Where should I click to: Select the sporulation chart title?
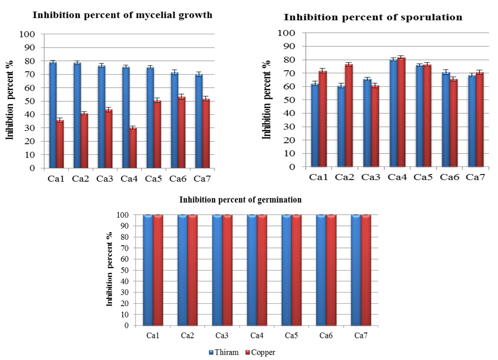coord(373,18)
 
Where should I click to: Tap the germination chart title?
coord(240,200)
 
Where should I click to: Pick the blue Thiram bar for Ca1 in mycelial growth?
coord(53,115)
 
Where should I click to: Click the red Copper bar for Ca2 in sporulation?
coord(349,115)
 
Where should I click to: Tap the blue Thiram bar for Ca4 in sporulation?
coord(393,113)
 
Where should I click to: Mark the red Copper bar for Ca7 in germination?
coord(366,270)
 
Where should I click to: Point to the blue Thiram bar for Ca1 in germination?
coord(148,270)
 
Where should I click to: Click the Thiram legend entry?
coord(223,352)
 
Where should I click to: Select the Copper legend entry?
coord(259,352)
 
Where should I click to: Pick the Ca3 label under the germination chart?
coord(222,336)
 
